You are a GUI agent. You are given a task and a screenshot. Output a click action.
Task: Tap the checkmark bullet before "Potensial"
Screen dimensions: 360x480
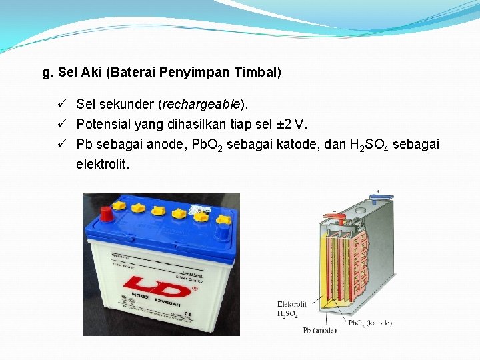pyautogui.click(x=61, y=124)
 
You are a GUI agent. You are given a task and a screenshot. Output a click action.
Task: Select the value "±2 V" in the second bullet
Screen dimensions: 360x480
pyautogui.click(x=291, y=124)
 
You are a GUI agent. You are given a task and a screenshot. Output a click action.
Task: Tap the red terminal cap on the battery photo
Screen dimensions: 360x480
pyautogui.click(x=106, y=213)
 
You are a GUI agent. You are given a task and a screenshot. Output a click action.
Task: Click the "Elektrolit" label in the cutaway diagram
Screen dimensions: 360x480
pyautogui.click(x=292, y=304)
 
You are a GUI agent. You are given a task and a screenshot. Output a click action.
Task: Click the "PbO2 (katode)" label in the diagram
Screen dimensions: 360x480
pyautogui.click(x=370, y=323)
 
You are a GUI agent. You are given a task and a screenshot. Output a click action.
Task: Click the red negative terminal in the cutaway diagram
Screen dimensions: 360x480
pyautogui.click(x=338, y=217)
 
